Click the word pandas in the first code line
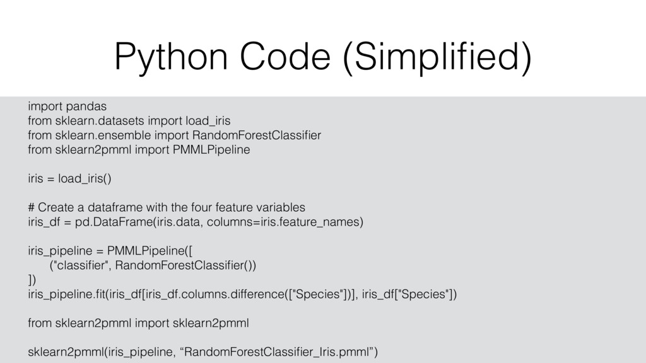[x=86, y=106]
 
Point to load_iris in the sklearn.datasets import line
[x=209, y=120]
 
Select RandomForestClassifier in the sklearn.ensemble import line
[x=256, y=135]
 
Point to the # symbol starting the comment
[x=32, y=207]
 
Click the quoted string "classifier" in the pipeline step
[x=75, y=265]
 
